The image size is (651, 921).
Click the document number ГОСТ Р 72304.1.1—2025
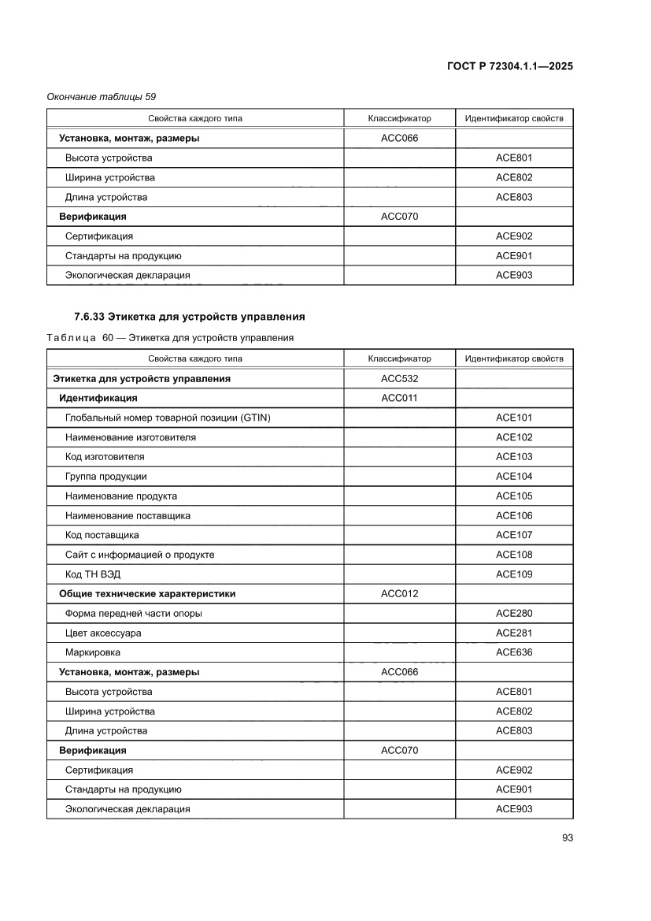click(x=509, y=67)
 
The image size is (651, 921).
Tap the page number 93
click(x=567, y=837)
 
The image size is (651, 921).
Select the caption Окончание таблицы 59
click(x=102, y=97)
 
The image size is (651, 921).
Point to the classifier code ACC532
click(x=399, y=379)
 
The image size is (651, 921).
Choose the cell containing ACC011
click(x=399, y=398)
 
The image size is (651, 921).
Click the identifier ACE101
click(x=514, y=418)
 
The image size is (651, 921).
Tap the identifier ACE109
click(x=514, y=574)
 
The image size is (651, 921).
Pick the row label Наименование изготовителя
click(x=131, y=437)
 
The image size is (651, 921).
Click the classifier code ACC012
click(x=399, y=593)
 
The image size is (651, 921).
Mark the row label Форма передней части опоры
click(x=139, y=613)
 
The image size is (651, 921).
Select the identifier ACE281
click(x=514, y=633)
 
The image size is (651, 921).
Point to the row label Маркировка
click(x=93, y=652)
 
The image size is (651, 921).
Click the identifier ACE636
click(x=514, y=652)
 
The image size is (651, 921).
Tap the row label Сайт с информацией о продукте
click(x=139, y=555)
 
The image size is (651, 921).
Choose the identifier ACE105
click(x=514, y=496)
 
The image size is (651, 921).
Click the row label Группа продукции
click(x=105, y=477)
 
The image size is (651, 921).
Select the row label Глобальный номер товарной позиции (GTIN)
click(x=168, y=418)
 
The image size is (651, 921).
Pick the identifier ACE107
click(x=514, y=535)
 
